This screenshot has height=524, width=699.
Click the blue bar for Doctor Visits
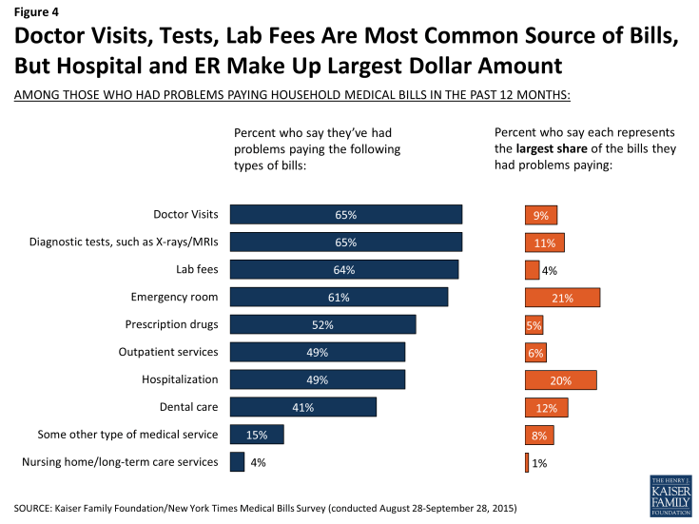coord(346,215)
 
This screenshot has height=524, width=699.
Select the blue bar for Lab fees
coord(344,270)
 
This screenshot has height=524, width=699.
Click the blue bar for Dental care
coord(303,407)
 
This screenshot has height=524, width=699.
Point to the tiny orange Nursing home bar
coord(527,462)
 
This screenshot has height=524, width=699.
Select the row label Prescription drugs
coord(172,324)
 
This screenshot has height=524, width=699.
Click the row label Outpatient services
coord(168,352)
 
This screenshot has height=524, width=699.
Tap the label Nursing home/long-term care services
coord(120,462)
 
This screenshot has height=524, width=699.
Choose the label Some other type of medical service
coord(128,435)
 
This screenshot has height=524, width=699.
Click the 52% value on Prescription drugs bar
coord(322,325)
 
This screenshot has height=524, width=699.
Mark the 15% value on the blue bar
coord(257,435)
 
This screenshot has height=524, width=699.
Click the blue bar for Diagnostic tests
coord(346,243)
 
